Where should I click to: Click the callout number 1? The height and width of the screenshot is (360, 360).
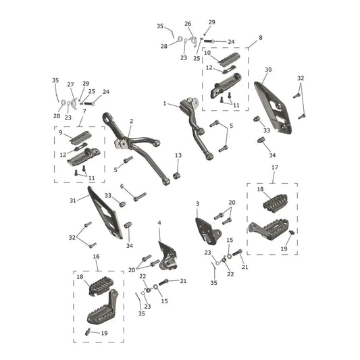pos(165,103)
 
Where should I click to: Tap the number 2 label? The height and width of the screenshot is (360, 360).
pos(131,121)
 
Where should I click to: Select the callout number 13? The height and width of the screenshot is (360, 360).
pos(178,155)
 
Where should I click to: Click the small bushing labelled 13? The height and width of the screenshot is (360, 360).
pos(176,176)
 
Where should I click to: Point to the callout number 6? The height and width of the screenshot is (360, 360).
pos(122,186)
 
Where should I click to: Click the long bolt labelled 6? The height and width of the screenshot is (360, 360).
pos(140,197)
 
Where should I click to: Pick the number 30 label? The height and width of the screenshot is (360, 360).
pos(268,70)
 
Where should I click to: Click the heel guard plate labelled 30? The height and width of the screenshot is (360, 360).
pos(273,107)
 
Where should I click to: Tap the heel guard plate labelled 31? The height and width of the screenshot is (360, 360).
pos(105,213)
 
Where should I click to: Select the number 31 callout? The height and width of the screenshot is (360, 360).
pos(73,201)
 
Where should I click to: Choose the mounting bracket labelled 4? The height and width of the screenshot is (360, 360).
pos(168,257)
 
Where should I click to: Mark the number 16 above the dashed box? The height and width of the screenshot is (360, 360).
pos(96,257)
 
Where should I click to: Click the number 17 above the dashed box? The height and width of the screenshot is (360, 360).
pos(275,168)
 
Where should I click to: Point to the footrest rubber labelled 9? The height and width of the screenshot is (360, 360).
pos(80,137)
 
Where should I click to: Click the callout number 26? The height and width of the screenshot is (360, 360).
pos(188,24)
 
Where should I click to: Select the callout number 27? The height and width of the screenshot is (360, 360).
pos(70,84)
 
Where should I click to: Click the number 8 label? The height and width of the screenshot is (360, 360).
pos(261,38)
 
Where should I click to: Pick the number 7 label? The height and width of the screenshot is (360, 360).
pos(84,111)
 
